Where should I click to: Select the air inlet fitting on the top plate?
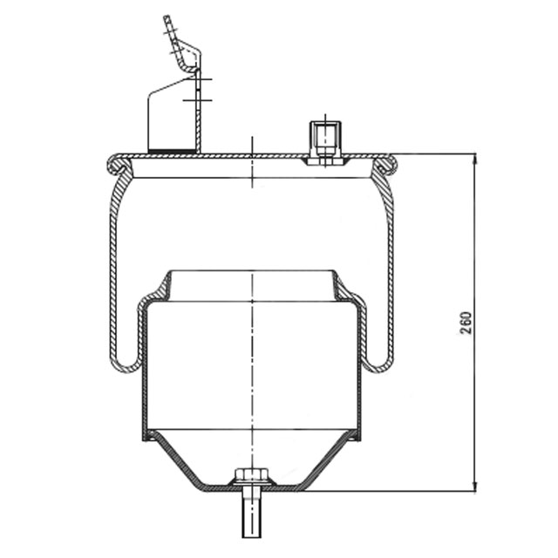[323, 139]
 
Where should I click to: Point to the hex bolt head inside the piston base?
[251, 477]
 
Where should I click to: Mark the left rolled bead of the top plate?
[115, 163]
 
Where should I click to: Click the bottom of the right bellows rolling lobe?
[378, 366]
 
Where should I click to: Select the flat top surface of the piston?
[251, 271]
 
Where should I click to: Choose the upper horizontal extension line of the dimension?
[436, 154]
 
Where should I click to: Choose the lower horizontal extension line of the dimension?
[392, 491]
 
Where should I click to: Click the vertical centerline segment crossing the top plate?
[252, 161]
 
